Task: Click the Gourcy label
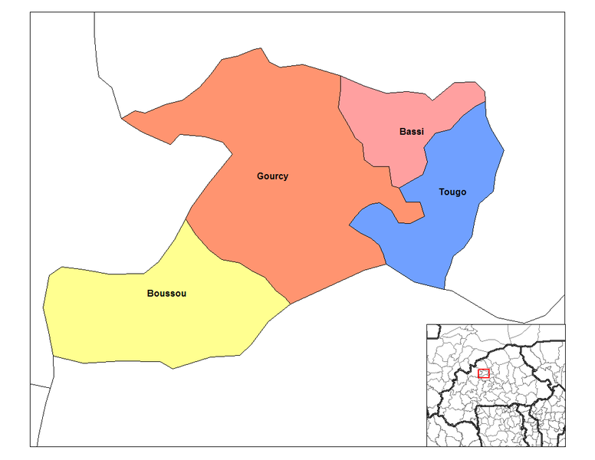tap(272, 176)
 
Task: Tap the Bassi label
tap(411, 132)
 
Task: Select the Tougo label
tap(452, 192)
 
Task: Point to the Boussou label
tap(166, 294)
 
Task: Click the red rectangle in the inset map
tap(483, 373)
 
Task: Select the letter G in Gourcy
tap(261, 176)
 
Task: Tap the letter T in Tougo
tap(442, 192)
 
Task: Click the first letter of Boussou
tap(150, 294)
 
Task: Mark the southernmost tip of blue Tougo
tap(444, 289)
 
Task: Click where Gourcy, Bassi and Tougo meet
tap(399, 187)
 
